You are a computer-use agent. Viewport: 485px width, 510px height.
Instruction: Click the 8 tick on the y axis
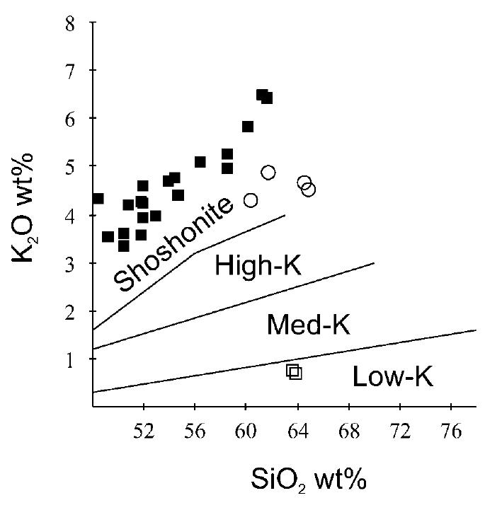point(77,23)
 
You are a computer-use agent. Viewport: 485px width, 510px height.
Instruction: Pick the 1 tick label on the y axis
point(77,359)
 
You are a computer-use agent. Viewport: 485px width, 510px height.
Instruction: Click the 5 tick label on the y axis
point(77,166)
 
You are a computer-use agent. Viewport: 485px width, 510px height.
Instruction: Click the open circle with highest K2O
point(268,173)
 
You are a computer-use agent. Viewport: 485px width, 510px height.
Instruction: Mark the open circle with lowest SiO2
point(251,200)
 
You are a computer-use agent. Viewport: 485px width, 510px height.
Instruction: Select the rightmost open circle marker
point(309,190)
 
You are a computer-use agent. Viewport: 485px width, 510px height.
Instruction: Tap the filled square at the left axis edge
point(98,199)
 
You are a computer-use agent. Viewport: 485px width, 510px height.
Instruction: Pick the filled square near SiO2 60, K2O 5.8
point(248,127)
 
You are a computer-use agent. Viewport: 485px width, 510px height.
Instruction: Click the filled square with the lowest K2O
point(124,246)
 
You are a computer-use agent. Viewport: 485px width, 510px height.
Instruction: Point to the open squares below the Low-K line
point(294,372)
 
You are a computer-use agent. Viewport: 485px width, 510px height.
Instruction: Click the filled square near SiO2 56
point(200,162)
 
